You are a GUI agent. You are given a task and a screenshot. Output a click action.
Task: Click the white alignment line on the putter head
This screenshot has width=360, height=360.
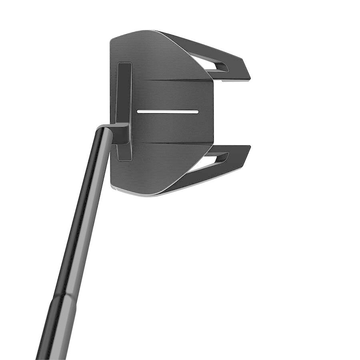point(167,112)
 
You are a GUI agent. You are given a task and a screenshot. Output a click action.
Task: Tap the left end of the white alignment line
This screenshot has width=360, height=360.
point(138,112)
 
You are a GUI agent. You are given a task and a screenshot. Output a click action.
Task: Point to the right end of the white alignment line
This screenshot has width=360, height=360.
point(197,112)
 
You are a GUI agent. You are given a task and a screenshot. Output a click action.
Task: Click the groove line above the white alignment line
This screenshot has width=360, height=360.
point(172,80)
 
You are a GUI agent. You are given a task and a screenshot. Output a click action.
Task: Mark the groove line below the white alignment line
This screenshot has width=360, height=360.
point(172,143)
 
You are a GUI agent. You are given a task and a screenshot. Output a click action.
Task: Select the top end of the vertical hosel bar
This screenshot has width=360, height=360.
point(124,64)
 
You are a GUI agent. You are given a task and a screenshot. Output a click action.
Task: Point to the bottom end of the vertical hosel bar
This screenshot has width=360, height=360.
point(125,159)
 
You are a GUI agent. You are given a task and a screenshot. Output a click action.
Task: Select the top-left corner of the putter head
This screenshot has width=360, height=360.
point(112,38)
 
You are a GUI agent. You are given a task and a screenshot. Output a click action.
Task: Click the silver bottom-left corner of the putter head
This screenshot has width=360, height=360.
point(116,188)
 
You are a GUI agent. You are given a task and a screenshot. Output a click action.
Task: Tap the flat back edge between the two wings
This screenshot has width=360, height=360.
point(213,112)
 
